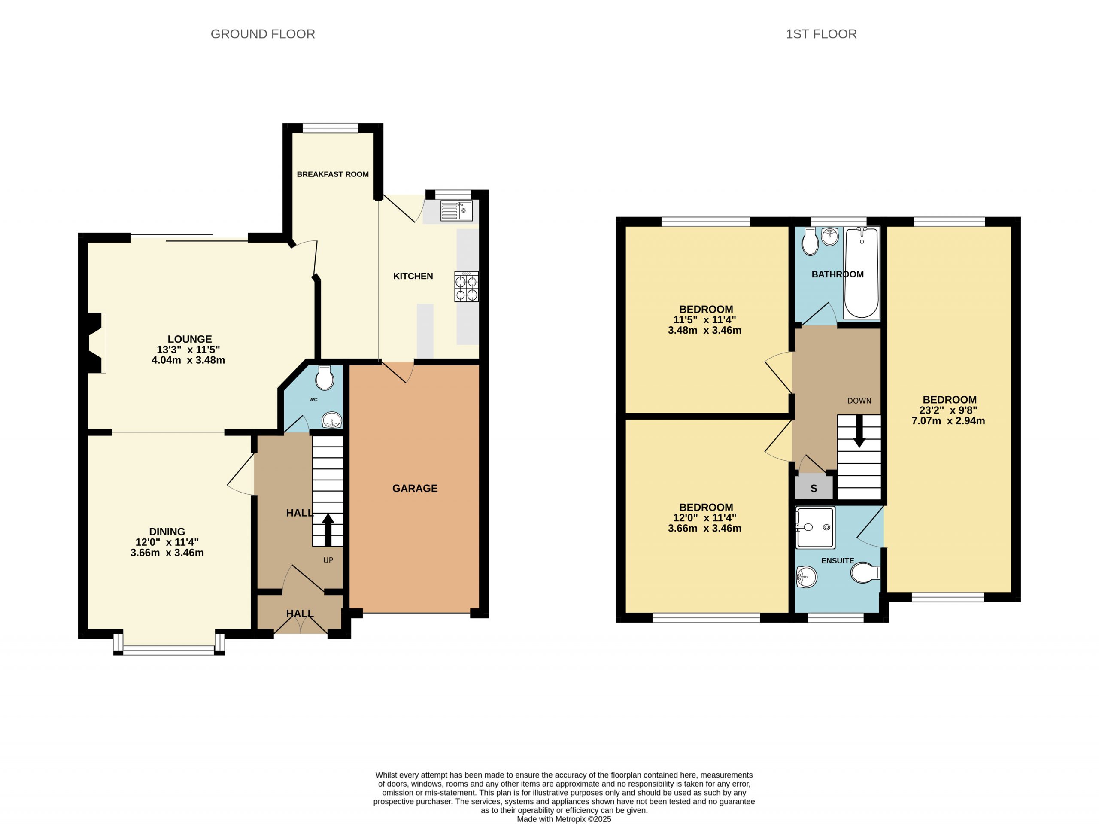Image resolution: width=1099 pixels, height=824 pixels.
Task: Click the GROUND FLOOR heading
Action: (x=262, y=34)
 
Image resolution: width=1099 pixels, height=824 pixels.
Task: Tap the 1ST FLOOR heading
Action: (x=821, y=34)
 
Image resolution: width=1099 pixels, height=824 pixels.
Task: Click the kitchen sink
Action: (x=456, y=211)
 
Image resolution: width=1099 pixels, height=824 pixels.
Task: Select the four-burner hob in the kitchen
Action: (x=466, y=287)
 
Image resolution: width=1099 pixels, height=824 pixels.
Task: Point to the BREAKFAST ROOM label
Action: (x=332, y=174)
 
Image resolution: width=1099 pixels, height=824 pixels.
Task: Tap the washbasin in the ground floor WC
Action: (x=332, y=420)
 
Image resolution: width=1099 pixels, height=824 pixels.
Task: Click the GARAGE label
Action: (x=415, y=489)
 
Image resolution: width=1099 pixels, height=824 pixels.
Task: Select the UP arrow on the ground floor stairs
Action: (x=328, y=530)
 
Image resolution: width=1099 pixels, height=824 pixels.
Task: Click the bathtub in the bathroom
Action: (x=862, y=272)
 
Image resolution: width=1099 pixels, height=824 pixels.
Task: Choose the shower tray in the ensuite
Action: (x=815, y=527)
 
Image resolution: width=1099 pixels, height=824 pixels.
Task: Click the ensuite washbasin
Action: (x=807, y=577)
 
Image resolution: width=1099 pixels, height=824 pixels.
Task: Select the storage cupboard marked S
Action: (x=814, y=488)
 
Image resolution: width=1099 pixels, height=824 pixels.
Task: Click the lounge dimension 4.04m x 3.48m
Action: (x=188, y=360)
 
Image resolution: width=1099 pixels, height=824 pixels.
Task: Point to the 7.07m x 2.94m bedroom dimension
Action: (x=948, y=420)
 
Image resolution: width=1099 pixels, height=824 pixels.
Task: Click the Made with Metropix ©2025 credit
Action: (x=564, y=819)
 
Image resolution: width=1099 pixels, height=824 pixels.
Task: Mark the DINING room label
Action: (x=167, y=532)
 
